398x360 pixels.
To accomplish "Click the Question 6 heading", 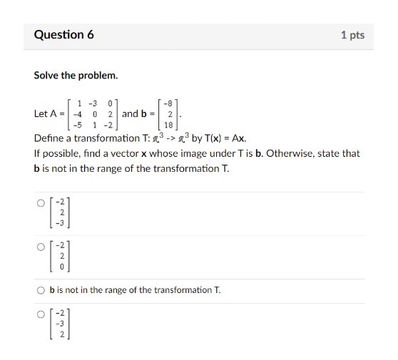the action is coord(63,34).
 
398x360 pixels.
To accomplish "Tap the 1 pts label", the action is coord(352,35).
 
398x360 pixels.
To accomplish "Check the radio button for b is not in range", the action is coord(41,290).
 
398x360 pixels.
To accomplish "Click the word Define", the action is coord(51,138).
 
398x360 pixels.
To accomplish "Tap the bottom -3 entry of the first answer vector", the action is coord(62,222).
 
